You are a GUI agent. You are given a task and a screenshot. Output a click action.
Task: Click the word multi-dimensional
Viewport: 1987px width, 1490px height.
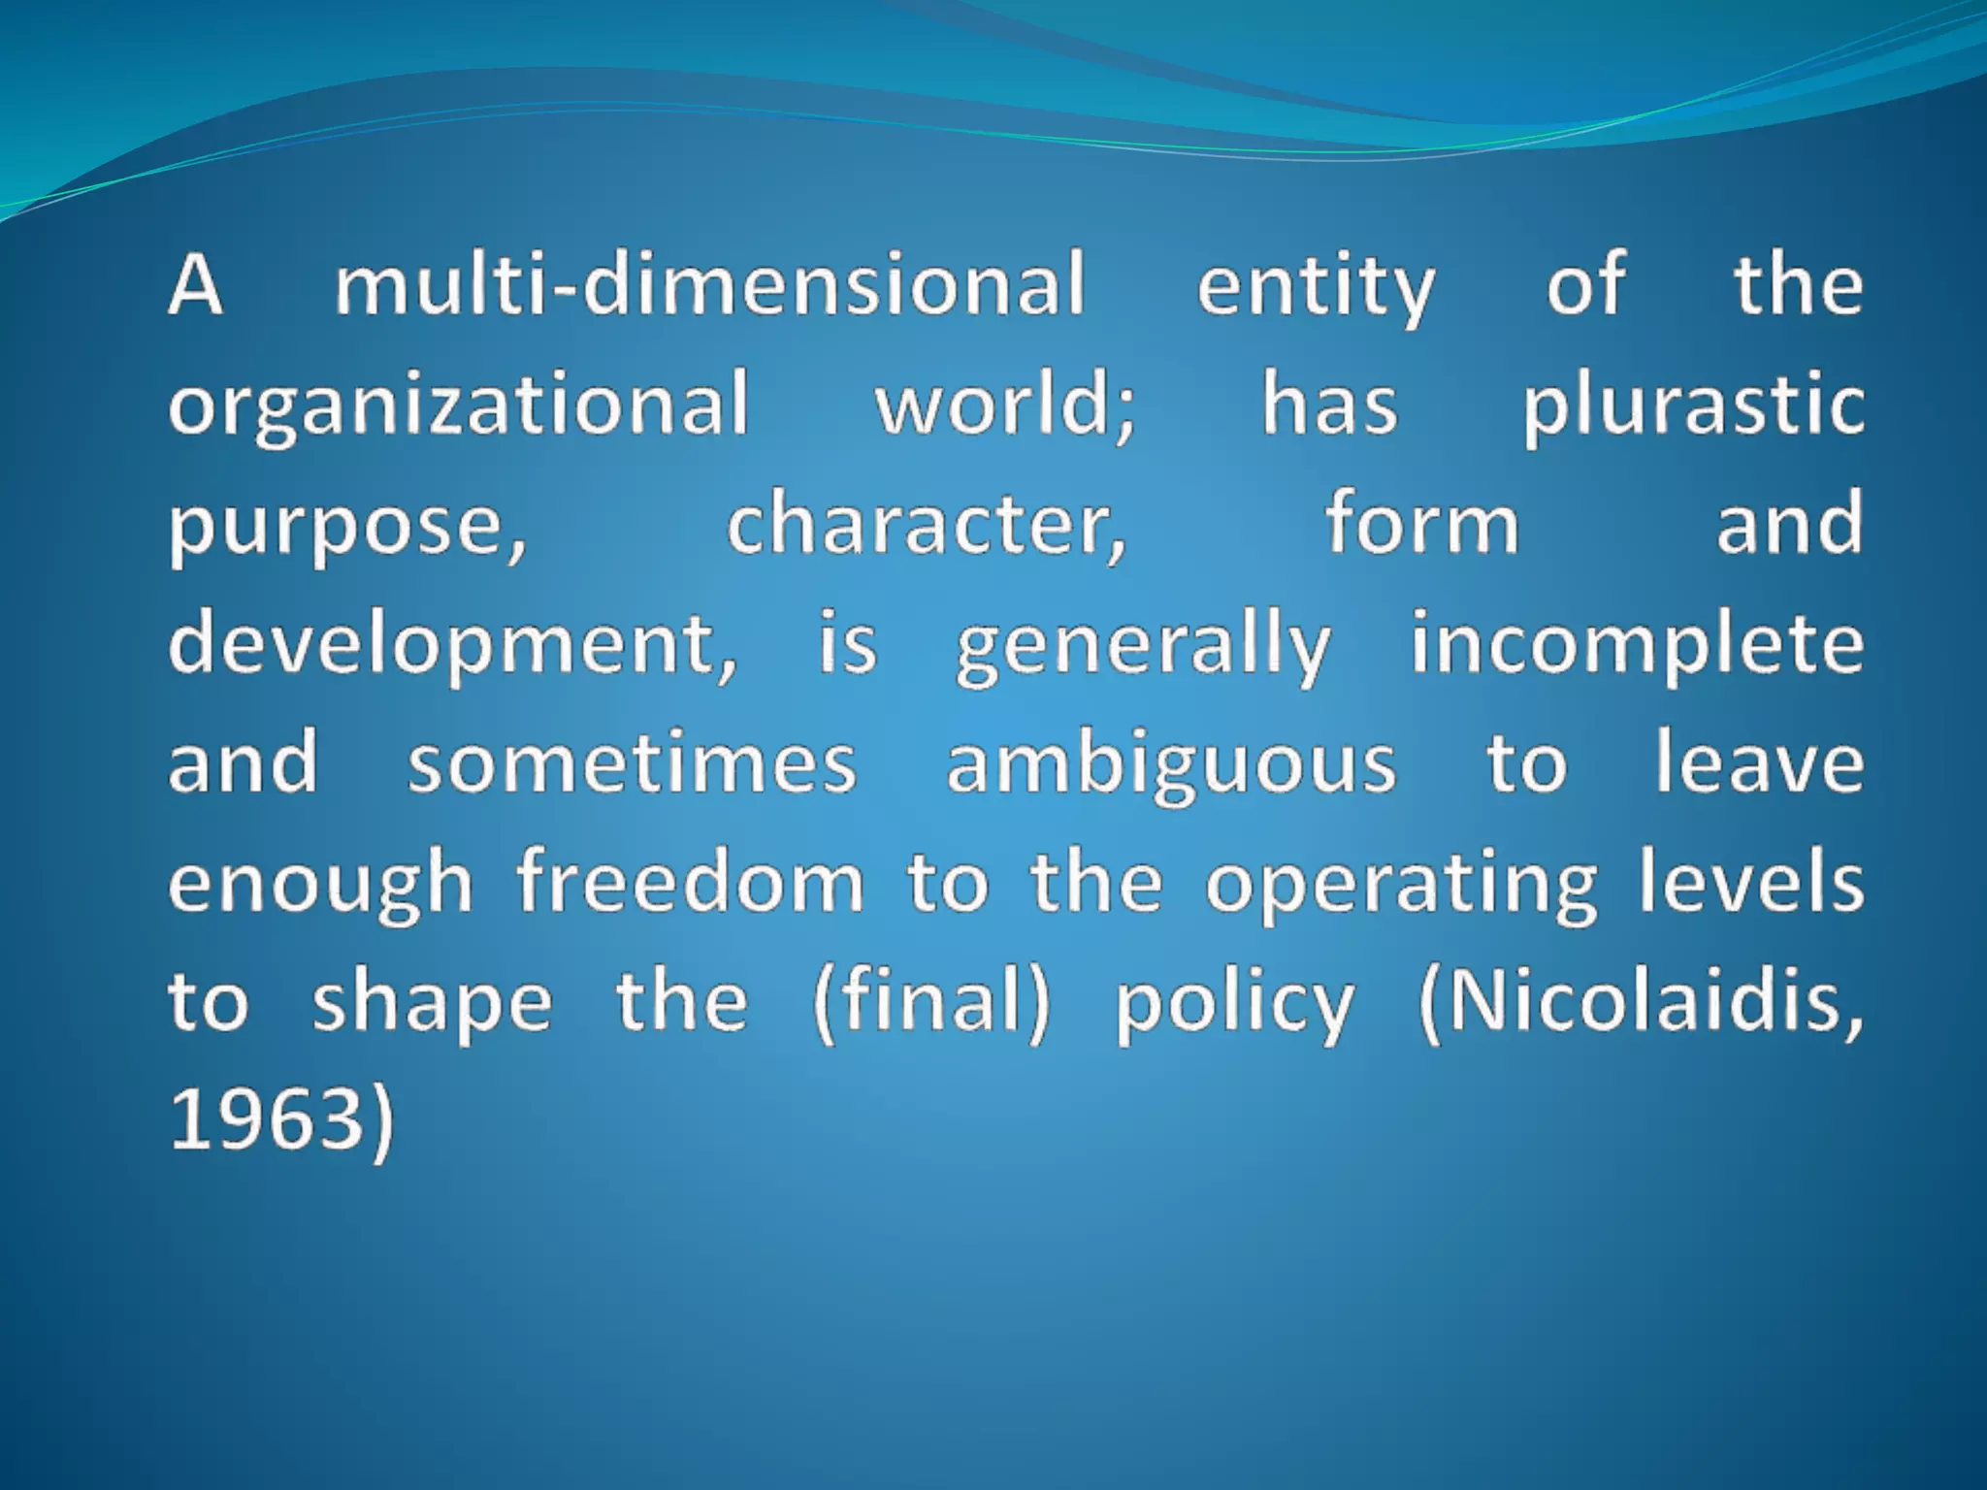[709, 285]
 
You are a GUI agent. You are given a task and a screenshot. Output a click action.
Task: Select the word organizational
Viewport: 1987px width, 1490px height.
[459, 405]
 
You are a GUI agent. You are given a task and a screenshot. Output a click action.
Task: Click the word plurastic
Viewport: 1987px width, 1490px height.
[1692, 405]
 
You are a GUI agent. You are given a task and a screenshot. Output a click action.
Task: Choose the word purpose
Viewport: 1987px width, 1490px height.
[347, 527]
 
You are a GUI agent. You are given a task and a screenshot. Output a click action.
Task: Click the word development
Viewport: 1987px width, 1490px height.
[452, 646]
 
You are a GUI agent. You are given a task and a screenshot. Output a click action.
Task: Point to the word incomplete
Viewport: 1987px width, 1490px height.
[1637, 645]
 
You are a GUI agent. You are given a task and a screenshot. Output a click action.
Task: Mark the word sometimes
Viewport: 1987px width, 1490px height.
[632, 763]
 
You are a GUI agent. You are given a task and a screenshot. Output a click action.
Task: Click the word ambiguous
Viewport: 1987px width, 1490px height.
[1171, 765]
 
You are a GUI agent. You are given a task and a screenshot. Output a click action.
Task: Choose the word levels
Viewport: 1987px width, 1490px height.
[1751, 882]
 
